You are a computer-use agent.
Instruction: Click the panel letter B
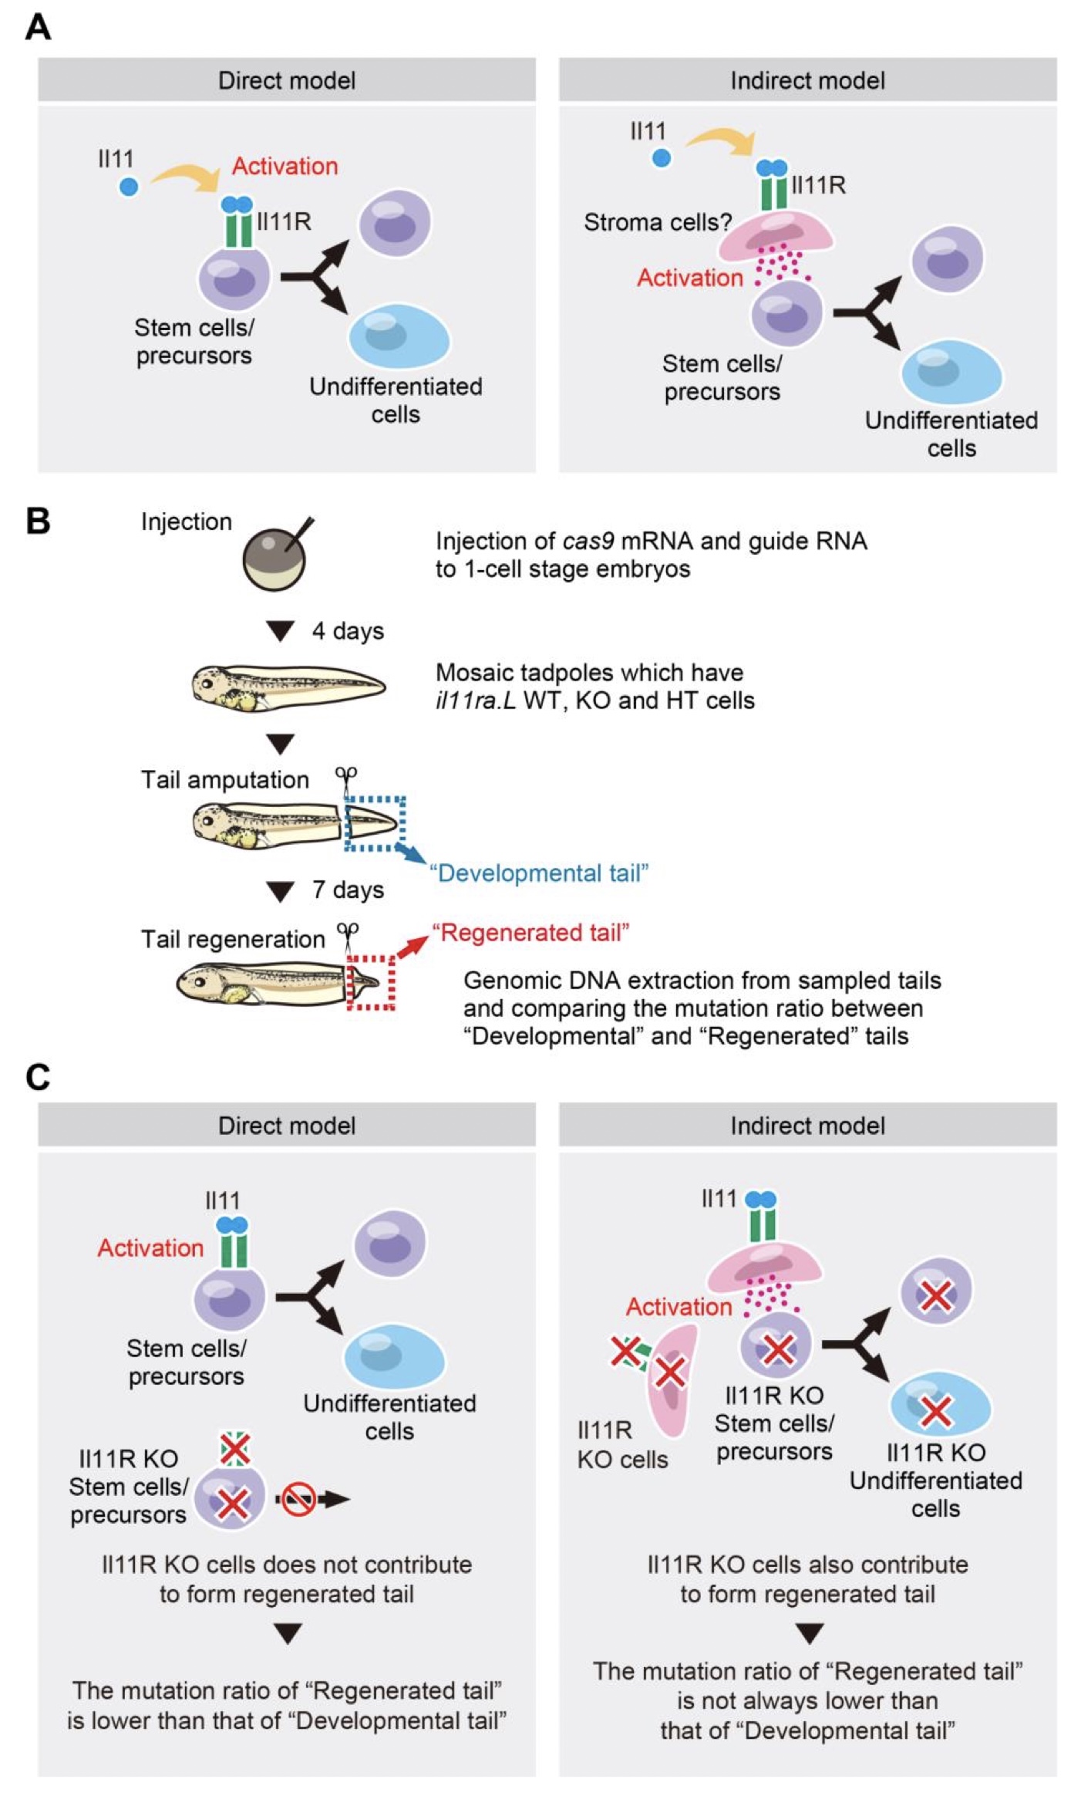[38, 521]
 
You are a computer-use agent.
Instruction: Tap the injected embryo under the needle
[274, 559]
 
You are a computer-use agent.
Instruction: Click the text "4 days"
[347, 631]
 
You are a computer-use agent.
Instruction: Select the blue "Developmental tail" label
[539, 873]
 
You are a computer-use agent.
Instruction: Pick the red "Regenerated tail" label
[530, 933]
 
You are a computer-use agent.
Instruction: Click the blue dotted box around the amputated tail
[375, 824]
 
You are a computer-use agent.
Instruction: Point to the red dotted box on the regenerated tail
[371, 982]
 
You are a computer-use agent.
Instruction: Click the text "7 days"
[347, 890]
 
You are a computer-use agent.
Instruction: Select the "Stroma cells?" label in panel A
[657, 222]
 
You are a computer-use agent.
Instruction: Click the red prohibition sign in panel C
[298, 1499]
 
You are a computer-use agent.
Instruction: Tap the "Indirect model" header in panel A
[807, 80]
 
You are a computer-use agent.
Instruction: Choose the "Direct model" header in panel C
[287, 1126]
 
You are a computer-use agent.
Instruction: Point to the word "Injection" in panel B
[186, 522]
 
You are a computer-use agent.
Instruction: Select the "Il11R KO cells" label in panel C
[622, 1445]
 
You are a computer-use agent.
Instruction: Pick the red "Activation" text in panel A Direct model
[285, 166]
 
